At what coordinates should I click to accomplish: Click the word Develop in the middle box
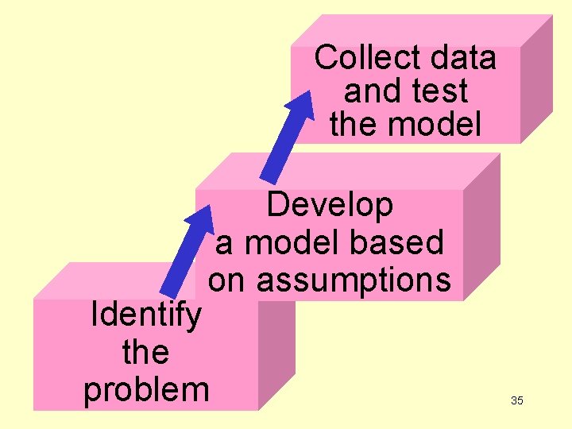tap(330, 205)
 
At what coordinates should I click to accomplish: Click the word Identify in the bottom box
tap(146, 315)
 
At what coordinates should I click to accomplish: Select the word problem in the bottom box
tap(146, 389)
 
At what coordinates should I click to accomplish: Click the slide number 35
tap(517, 400)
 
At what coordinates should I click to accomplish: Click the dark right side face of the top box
tap(536, 79)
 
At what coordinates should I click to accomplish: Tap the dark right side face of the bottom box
tap(276, 350)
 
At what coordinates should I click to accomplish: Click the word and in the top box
tap(370, 91)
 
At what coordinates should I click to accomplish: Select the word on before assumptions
tap(228, 280)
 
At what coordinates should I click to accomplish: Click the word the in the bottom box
tap(146, 352)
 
